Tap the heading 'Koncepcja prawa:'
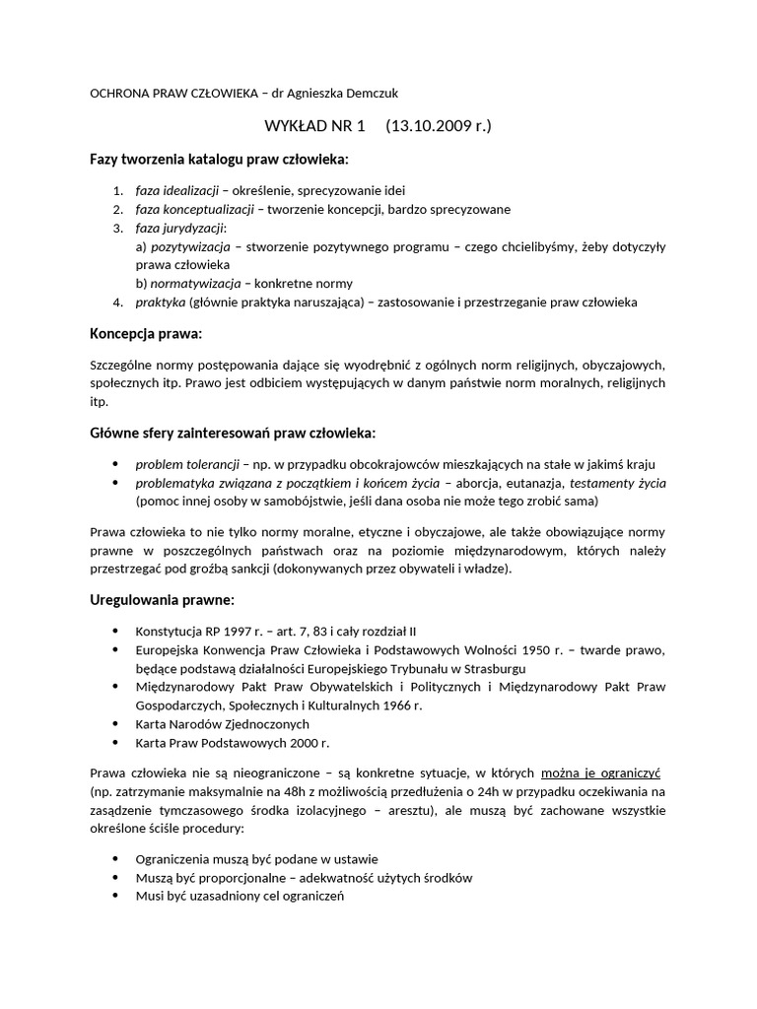146,334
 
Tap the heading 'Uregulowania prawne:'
163,600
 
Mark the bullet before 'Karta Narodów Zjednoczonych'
116,724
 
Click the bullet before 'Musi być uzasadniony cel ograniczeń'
116,896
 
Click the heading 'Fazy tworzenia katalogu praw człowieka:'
219,160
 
